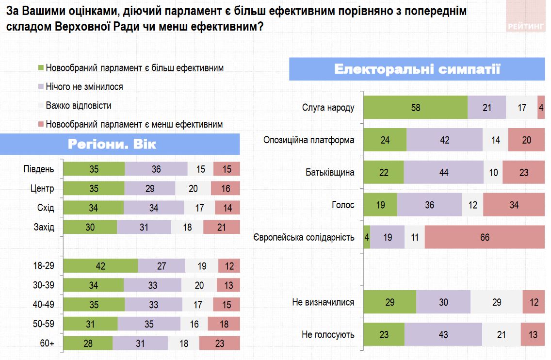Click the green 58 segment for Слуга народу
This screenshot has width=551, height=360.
[x=415, y=108]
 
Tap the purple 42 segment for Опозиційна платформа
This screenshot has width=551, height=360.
[x=444, y=140]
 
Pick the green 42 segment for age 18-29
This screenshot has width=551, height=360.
[x=100, y=266]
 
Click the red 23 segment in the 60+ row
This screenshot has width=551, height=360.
[x=219, y=343]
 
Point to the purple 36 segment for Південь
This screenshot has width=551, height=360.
[x=156, y=169]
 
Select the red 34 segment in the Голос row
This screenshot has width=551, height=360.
[x=514, y=205]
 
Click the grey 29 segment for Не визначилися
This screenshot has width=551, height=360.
[x=496, y=302]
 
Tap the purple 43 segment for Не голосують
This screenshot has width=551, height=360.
[x=443, y=334]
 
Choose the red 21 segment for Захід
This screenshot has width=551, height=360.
[x=221, y=227]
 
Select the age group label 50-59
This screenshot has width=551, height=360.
[x=43, y=324]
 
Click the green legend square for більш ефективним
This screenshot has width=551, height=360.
[x=41, y=68]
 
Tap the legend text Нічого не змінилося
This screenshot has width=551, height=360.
[x=84, y=87]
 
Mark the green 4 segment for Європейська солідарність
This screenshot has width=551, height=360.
[x=367, y=237]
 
